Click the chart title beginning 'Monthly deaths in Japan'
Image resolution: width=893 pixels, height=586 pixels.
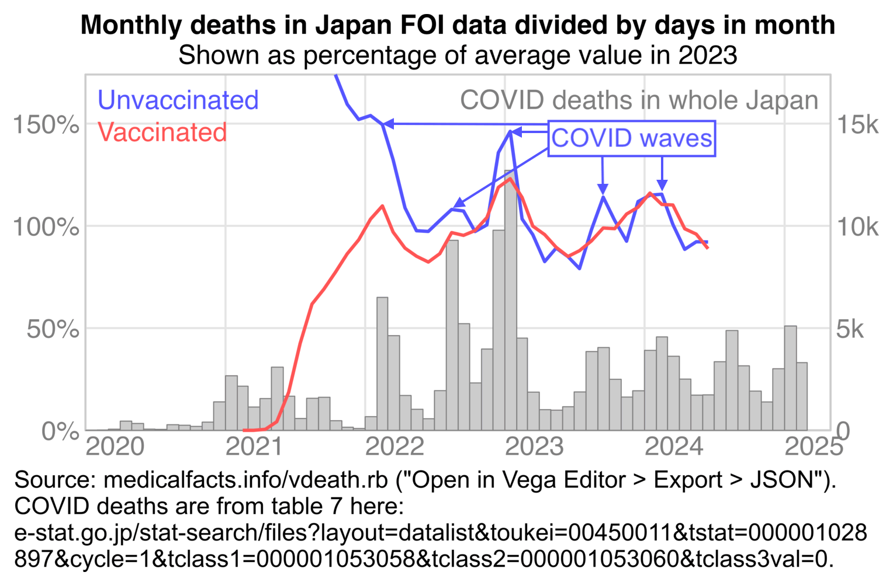pos(458,26)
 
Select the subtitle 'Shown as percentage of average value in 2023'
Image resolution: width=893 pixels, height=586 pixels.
pos(458,55)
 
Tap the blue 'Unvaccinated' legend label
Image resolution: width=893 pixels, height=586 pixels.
pos(178,100)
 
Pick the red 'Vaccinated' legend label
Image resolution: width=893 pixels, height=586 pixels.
pos(162,132)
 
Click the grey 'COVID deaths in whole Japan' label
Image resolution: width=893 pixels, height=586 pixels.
pos(639,100)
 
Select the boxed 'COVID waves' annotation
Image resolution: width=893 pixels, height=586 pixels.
pos(632,138)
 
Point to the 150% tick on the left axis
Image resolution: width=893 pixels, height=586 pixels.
pos(46,124)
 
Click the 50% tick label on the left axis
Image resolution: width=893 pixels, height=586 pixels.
pos(53,329)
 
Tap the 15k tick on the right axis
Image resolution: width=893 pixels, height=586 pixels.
pos(857,124)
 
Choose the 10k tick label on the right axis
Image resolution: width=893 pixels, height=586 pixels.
pos(857,226)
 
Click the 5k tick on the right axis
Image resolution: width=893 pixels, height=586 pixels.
pos(850,329)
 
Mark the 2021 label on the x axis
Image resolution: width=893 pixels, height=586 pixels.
pos(254,447)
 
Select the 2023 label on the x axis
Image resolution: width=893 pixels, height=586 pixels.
pos(534,447)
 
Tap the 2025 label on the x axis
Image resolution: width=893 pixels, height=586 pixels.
pos(814,447)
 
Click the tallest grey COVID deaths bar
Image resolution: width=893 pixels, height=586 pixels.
pos(511,301)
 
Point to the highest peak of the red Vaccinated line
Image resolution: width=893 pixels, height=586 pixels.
pos(510,179)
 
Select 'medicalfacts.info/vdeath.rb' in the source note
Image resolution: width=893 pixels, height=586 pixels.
pos(245,480)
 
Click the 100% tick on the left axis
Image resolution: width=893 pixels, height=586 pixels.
pos(46,226)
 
